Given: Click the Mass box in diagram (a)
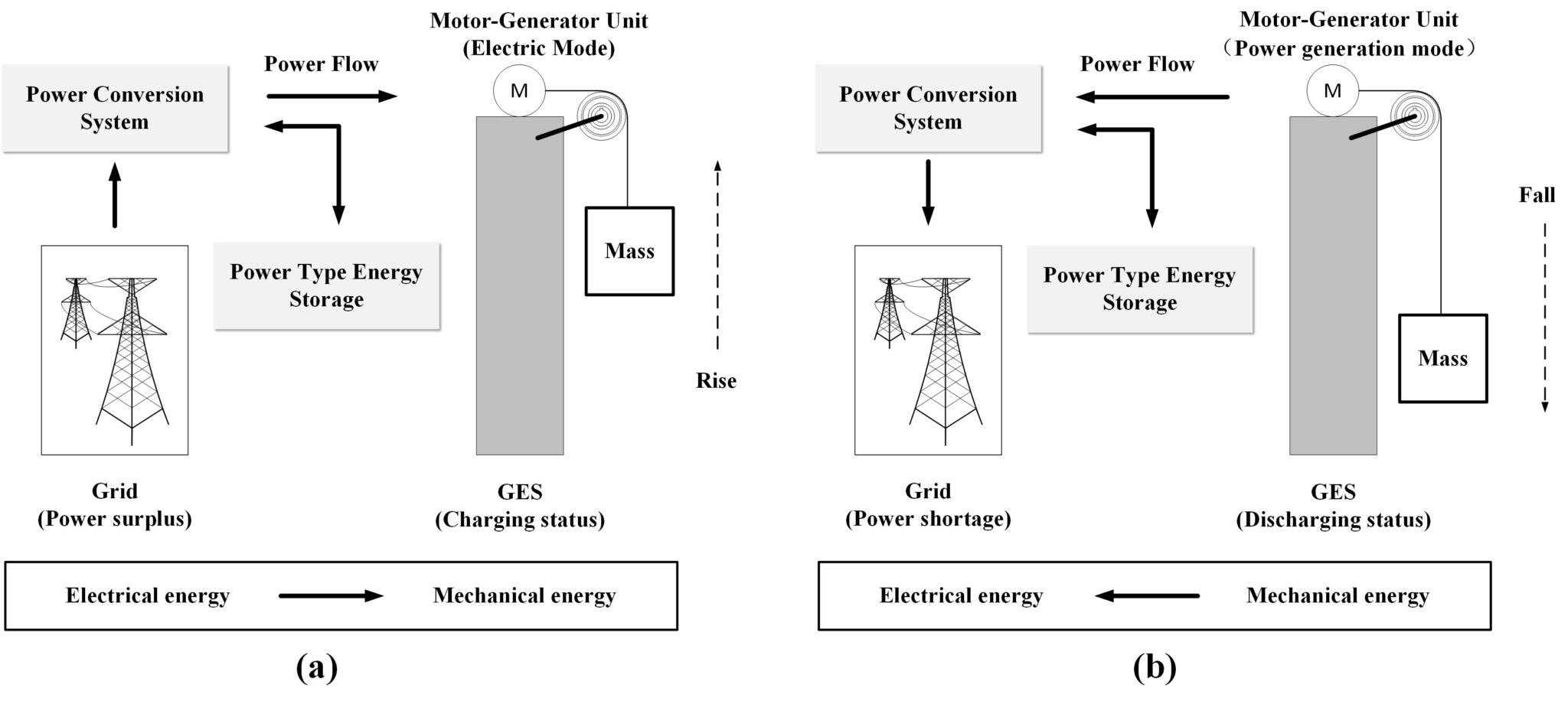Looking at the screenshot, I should coord(629,251).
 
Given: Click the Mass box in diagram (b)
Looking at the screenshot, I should coord(1442,358).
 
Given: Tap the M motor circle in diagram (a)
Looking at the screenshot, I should coord(519,91).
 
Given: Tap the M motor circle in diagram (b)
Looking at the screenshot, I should coord(1332,91).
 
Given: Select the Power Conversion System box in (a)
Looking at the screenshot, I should coord(115,108).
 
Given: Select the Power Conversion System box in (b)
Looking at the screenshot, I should coord(928,108).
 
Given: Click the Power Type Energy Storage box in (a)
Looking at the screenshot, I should coord(326,286).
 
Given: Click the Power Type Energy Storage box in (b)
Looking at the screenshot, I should coord(1139,289).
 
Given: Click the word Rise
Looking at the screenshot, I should coord(716,380).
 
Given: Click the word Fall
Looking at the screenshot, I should coord(1537,195).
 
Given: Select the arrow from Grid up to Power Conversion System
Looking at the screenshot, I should coord(115,195).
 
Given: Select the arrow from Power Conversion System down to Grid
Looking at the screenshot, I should coord(928,191).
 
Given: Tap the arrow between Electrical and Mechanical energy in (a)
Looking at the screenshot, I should coord(331,596).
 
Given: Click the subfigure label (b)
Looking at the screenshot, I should coord(1154,668).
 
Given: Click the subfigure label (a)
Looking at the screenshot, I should coord(316,668).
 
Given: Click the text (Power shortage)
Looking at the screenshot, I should coord(928,520).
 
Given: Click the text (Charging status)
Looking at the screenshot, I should coord(520,520).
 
